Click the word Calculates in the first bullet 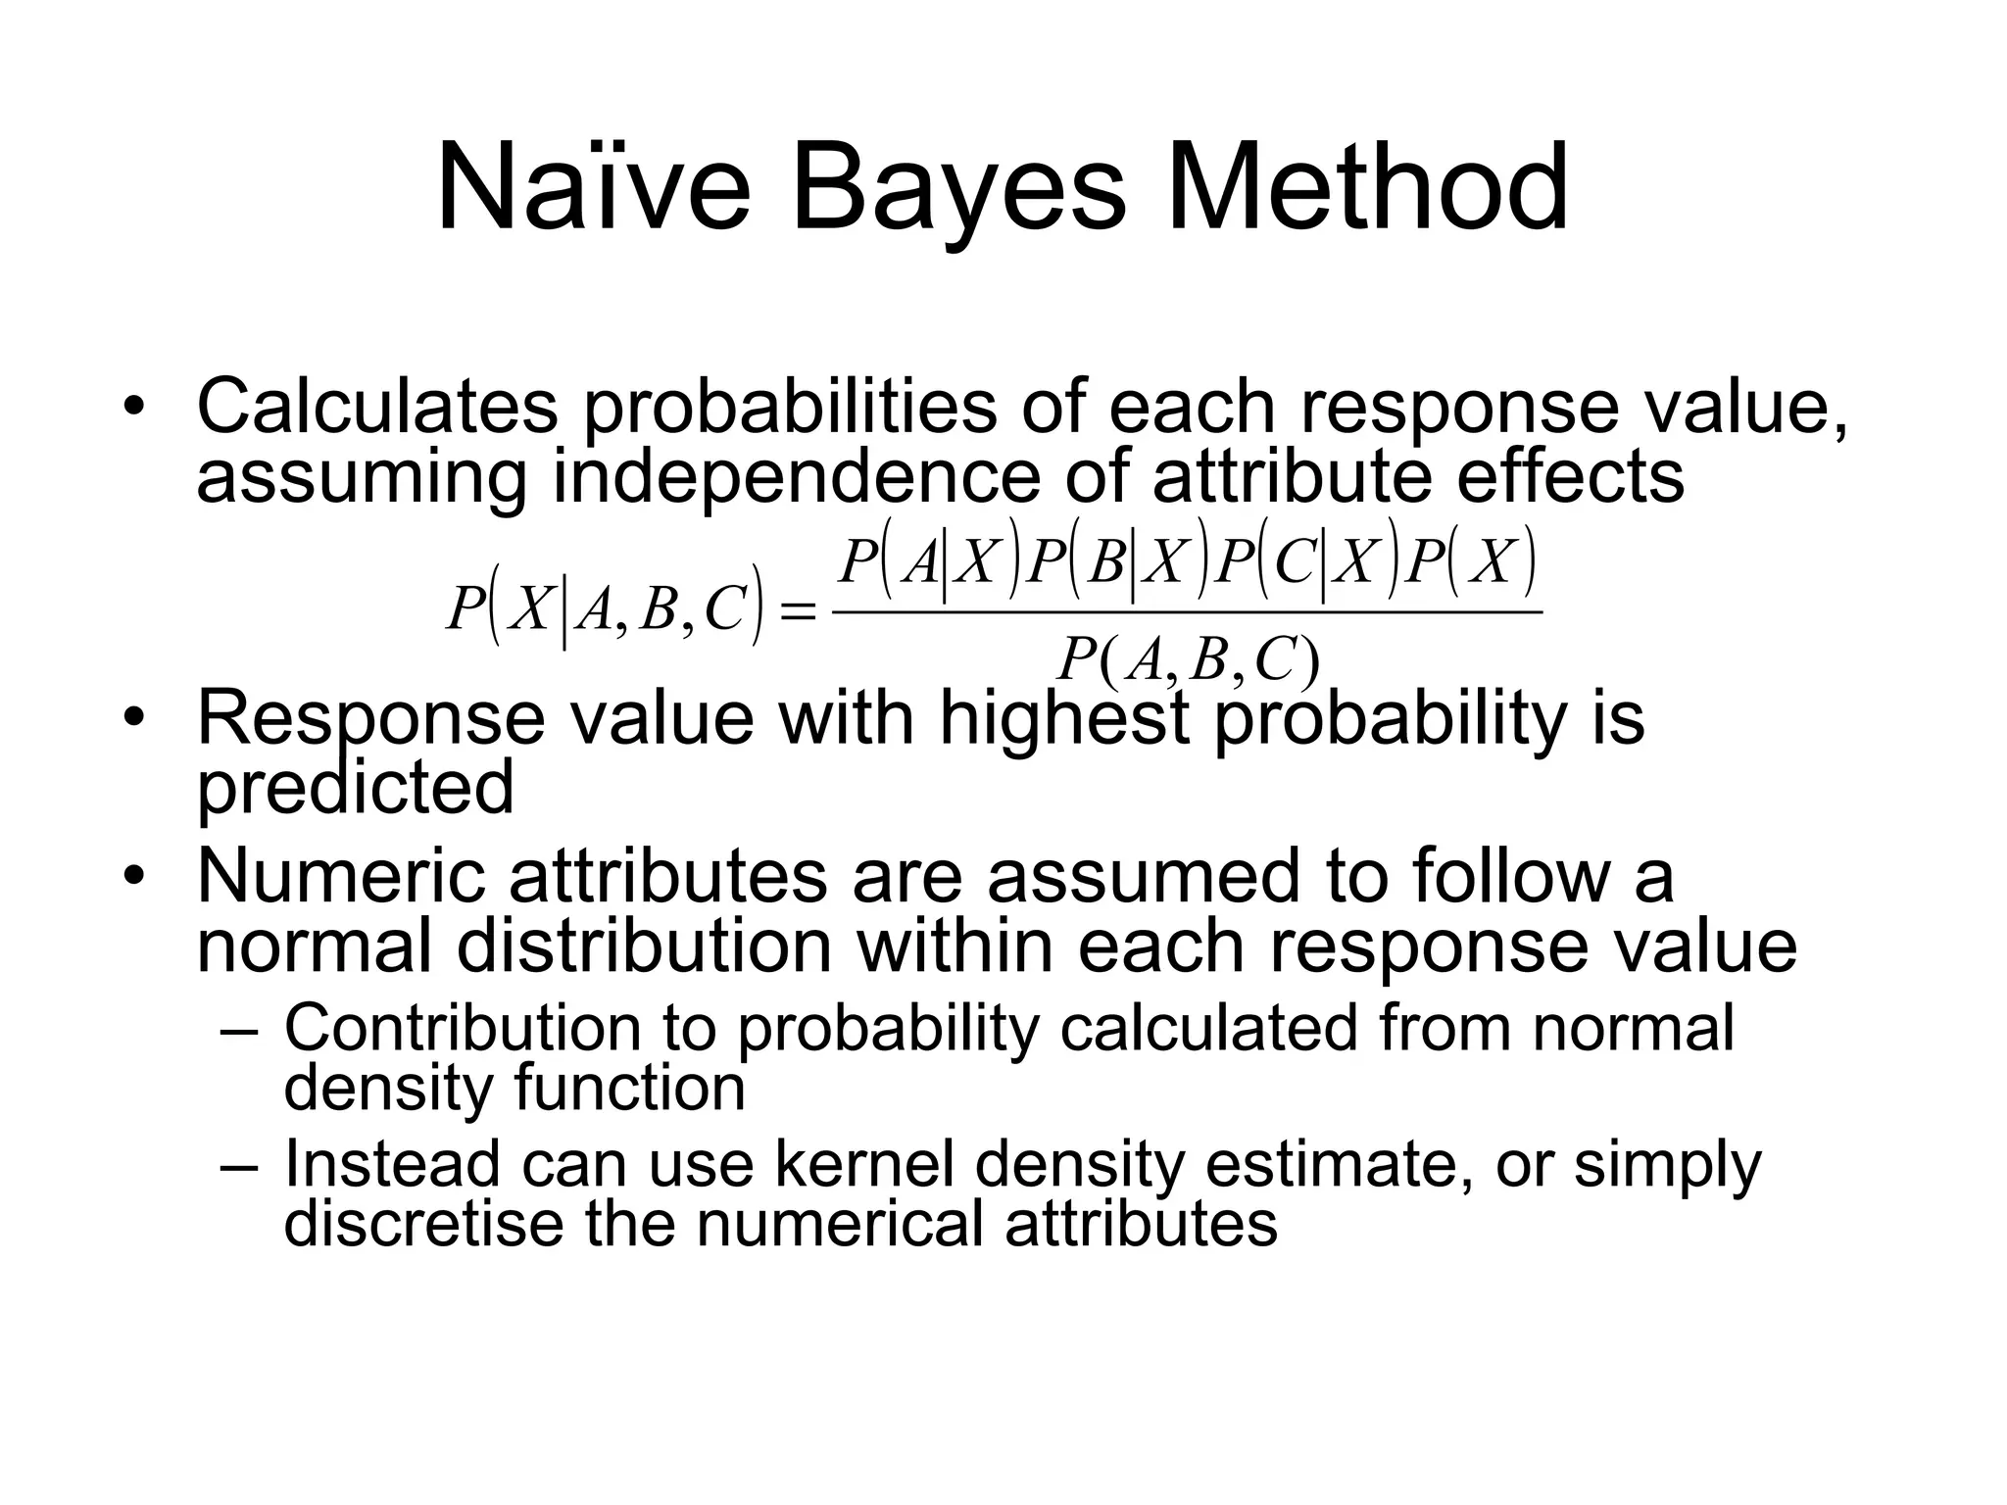[x=377, y=406]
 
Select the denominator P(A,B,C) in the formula [x=1188, y=660]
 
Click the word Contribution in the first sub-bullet [x=462, y=1028]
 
